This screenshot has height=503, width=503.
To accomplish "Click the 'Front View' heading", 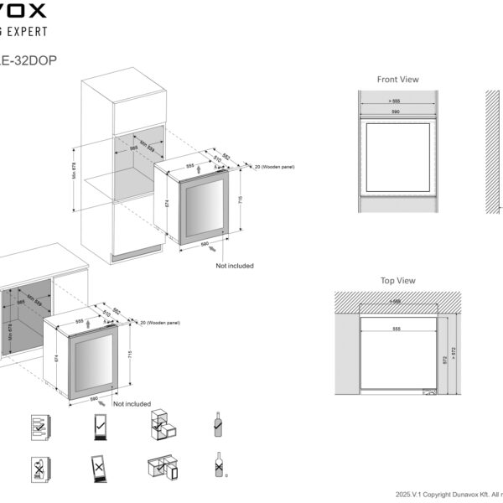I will (x=397, y=80).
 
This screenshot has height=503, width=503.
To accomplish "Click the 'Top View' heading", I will (x=397, y=281).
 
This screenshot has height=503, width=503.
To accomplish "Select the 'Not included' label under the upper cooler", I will (x=234, y=266).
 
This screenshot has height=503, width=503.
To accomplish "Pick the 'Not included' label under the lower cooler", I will (x=132, y=404).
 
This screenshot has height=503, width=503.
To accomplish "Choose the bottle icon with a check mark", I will (x=218, y=426).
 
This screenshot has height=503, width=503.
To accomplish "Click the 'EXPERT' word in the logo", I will (x=25, y=31).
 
